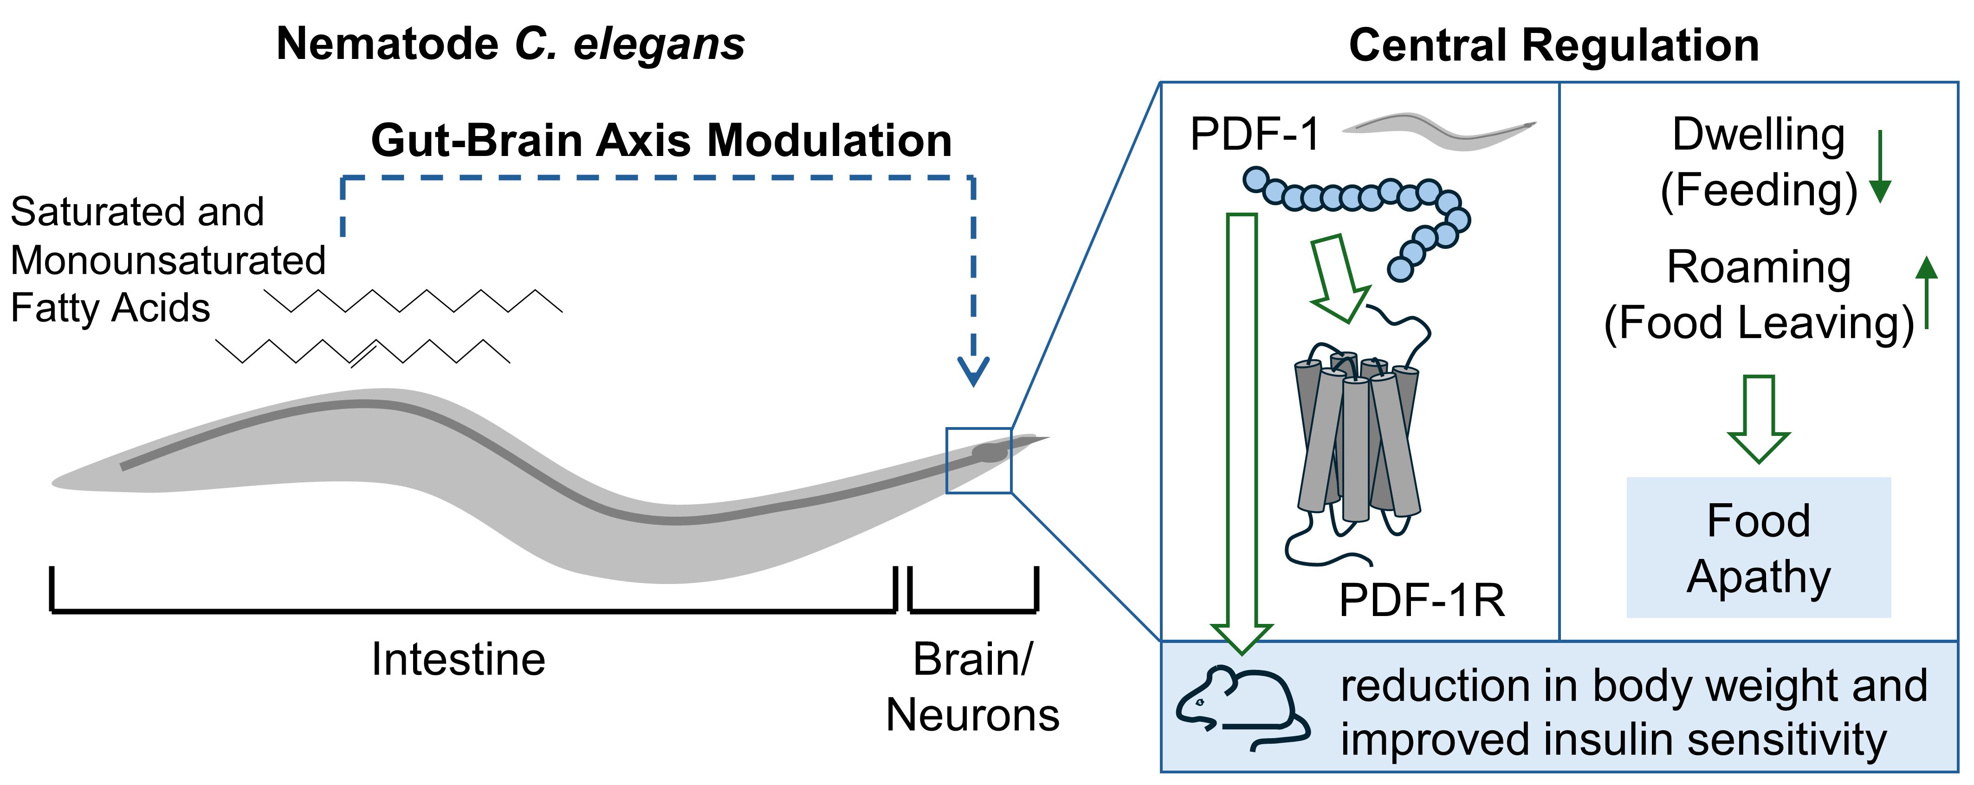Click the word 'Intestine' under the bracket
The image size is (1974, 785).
[x=458, y=659]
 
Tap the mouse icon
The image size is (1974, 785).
[x=1242, y=707]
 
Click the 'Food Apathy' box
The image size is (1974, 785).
[x=1759, y=547]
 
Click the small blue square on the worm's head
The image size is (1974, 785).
[x=978, y=460]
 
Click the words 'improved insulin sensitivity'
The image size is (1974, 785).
[x=1613, y=740]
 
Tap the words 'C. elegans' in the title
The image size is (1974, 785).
[x=629, y=44]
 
